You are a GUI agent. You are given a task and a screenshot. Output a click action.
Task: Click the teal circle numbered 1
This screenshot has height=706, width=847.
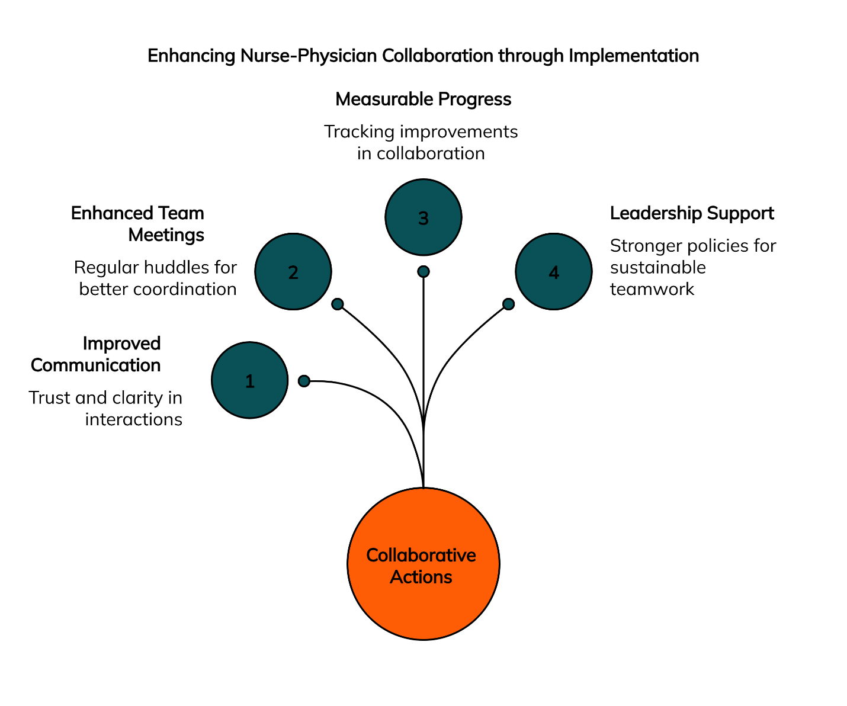click(249, 380)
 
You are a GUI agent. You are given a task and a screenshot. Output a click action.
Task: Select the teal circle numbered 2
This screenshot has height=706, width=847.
click(293, 271)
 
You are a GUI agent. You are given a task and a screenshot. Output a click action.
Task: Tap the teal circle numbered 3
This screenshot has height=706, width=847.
click(423, 217)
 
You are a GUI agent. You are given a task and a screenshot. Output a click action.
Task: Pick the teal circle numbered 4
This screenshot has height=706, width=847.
click(553, 271)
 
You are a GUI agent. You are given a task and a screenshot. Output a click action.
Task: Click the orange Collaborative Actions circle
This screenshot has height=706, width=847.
click(423, 564)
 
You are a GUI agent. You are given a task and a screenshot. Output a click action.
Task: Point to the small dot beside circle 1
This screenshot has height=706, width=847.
click(304, 381)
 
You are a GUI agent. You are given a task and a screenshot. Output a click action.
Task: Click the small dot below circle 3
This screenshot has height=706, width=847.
click(423, 271)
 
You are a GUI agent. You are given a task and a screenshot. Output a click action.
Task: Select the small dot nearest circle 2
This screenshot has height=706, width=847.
click(338, 304)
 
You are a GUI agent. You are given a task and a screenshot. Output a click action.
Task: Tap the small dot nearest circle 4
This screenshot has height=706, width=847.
click(508, 304)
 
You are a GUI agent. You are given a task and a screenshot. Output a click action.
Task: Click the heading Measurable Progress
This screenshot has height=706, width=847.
click(423, 99)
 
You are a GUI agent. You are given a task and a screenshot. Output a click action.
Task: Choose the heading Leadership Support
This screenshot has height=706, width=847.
click(692, 213)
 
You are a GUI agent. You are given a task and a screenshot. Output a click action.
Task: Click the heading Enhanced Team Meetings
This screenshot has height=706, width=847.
click(138, 224)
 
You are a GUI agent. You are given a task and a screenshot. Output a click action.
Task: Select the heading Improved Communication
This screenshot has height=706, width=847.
click(97, 354)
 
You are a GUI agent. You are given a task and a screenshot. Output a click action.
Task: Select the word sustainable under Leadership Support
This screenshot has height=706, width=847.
click(657, 268)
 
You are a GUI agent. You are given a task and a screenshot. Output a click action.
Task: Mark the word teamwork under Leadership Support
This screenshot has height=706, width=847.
click(652, 289)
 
